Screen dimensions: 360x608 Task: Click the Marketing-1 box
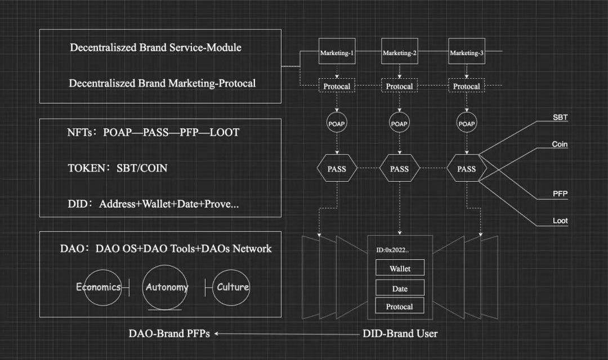337,53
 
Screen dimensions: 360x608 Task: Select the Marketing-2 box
399,53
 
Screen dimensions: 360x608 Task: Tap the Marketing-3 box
466,53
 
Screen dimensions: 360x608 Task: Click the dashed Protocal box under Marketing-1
337,86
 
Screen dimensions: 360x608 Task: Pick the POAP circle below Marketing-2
399,123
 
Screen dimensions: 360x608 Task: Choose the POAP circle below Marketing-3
466,123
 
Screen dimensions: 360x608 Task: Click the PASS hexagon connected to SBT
466,168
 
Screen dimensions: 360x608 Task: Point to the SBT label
560,118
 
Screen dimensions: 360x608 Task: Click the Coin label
560,145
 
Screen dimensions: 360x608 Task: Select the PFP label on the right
560,194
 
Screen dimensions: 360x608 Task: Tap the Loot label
560,221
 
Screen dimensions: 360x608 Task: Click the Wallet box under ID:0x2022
400,268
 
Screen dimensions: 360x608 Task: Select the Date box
400,289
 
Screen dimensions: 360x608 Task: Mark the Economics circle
99,287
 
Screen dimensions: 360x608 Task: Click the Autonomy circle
167,287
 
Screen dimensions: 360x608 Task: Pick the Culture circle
233,287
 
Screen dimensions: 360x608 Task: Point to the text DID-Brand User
400,334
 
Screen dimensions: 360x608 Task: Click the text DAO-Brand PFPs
169,334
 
